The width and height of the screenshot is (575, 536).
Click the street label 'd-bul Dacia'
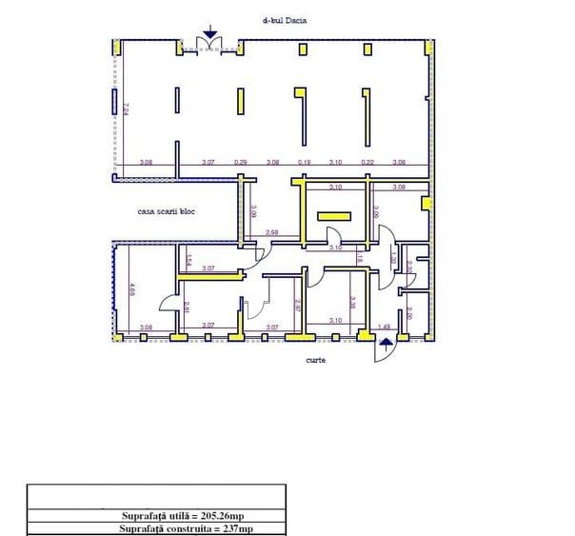[x=289, y=19]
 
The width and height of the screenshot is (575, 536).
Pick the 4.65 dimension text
[x=132, y=288]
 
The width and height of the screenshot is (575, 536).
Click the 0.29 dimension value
[x=241, y=162]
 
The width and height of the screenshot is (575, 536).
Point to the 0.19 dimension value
[x=304, y=162]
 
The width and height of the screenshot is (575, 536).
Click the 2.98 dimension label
[x=271, y=232]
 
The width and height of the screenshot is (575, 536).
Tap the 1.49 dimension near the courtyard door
[x=385, y=327]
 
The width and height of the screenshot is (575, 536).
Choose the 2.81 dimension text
[x=186, y=306]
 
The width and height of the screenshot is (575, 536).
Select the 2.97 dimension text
[x=297, y=306]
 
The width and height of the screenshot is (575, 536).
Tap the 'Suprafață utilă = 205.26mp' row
[x=156, y=514]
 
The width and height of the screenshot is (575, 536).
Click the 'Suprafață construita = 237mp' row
[x=156, y=528]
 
